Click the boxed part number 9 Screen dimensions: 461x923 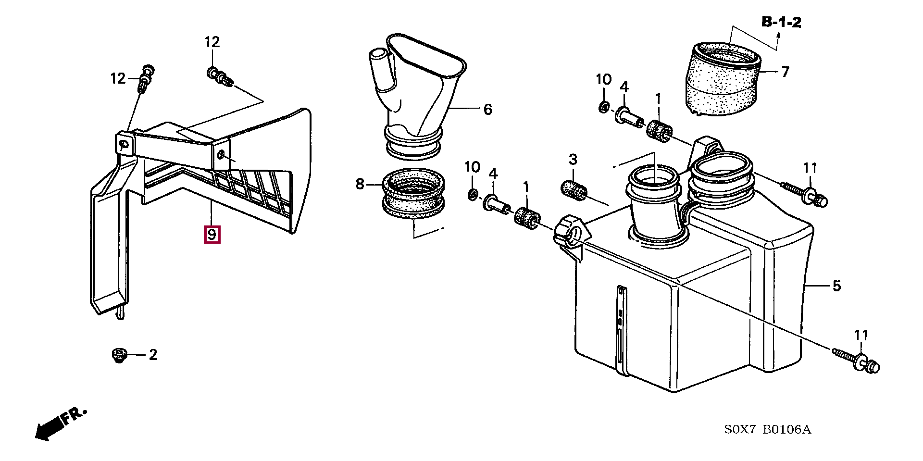point(212,235)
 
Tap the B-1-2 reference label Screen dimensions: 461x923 point(781,22)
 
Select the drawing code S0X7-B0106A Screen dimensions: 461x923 point(767,430)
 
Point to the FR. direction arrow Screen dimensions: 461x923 point(60,424)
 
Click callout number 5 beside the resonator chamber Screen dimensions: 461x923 point(836,286)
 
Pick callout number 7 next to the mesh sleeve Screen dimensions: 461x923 point(785,72)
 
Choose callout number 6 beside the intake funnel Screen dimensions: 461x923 point(487,110)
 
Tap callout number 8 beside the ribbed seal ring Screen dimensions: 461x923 point(360,184)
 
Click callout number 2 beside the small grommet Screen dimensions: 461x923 point(153,355)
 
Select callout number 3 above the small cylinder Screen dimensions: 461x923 point(573,159)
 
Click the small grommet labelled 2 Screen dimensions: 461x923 point(118,356)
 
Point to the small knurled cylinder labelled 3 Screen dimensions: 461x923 point(574,188)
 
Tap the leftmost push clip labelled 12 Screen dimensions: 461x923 point(146,79)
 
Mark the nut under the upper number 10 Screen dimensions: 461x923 point(604,106)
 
